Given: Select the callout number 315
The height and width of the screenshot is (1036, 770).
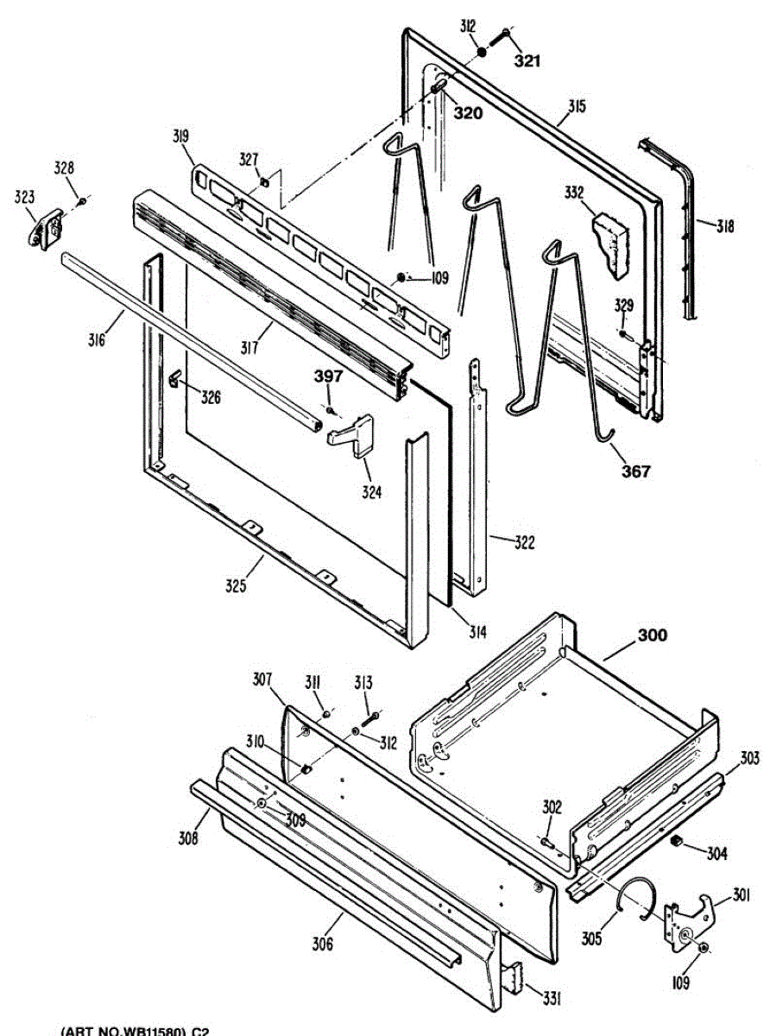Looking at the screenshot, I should [576, 107].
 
